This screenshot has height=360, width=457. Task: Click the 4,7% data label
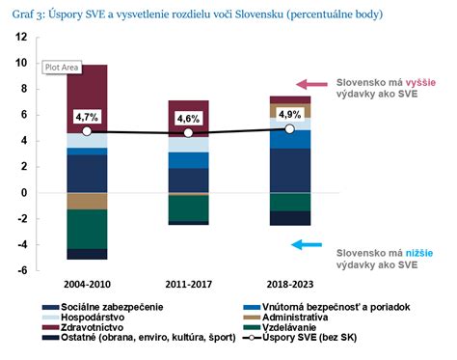point(87,117)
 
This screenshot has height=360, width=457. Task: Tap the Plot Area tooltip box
point(61,67)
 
